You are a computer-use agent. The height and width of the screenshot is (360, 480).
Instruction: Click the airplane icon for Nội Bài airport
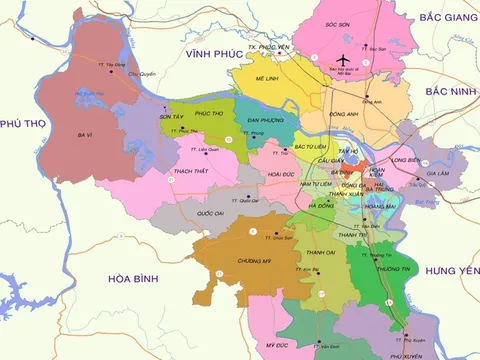pyautogui.click(x=346, y=58)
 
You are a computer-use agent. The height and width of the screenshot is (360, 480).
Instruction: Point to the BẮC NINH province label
pyautogui.click(x=450, y=91)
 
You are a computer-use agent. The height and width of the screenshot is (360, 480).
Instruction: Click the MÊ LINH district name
pyautogui.click(x=267, y=78)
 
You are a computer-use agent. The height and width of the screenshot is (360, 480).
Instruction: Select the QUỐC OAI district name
pyautogui.click(x=211, y=212)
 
